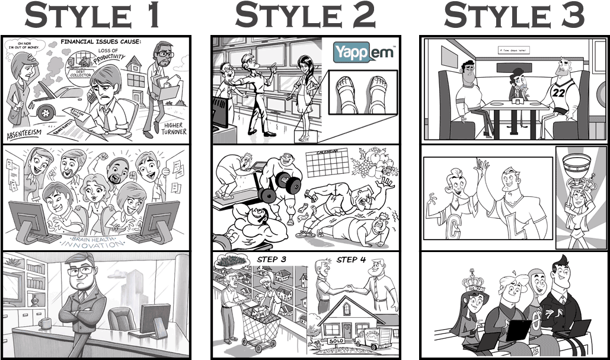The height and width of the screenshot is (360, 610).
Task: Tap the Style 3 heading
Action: pos(514,16)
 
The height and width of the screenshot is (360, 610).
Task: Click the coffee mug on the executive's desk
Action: pos(43,324)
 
